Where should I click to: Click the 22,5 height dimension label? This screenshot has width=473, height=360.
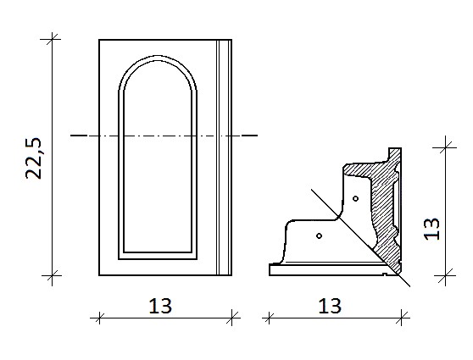[33, 158]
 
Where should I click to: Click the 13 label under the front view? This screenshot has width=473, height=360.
[160, 306]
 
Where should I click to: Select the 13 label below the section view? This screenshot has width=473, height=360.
[330, 306]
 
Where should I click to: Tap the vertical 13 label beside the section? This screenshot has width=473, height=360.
[432, 229]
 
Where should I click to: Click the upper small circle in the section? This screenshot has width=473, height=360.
[356, 198]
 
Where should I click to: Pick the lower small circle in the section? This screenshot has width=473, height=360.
[320, 235]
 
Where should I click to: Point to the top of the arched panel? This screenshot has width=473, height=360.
[158, 56]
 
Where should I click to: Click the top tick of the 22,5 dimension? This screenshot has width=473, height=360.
[52, 39]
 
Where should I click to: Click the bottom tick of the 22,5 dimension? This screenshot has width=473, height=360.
[52, 275]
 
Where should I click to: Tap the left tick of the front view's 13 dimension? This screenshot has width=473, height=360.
[99, 318]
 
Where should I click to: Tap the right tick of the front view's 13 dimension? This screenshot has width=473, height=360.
[231, 318]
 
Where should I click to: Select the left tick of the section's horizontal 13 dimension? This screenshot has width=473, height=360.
[269, 318]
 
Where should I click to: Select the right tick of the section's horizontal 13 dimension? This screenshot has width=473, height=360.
[402, 318]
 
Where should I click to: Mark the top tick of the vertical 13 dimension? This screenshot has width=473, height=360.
[446, 147]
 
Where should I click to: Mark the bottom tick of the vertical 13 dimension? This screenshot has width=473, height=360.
[446, 275]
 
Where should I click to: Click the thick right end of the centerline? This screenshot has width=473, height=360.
[250, 136]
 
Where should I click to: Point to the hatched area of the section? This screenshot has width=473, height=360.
[385, 211]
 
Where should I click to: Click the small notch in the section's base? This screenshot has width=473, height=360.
[385, 274]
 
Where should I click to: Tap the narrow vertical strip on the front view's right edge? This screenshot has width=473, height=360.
[224, 157]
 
